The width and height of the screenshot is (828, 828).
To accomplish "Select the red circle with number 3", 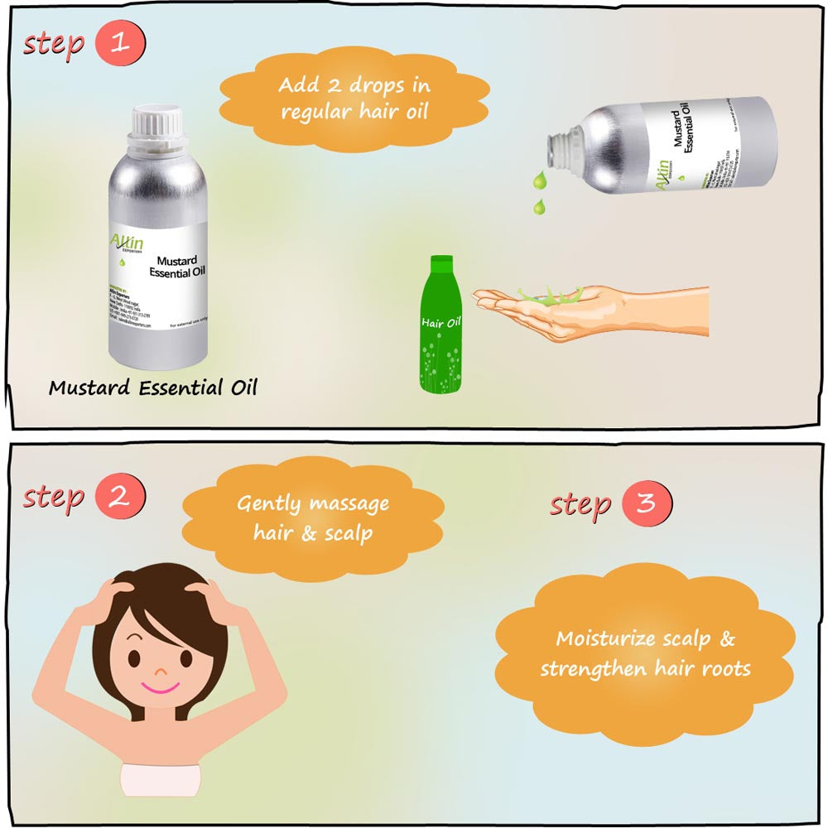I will point(648,503).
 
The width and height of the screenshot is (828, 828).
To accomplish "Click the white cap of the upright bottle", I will point(157,125).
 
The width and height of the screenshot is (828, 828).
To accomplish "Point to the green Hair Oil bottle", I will point(440,331).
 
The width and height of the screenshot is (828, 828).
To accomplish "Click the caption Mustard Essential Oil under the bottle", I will point(153,388).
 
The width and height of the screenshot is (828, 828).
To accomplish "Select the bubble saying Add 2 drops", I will point(354,98).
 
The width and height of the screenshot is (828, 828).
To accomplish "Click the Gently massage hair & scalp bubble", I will point(313,517).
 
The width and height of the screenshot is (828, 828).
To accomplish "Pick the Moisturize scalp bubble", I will point(645,654).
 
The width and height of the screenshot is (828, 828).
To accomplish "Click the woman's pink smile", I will point(156,688).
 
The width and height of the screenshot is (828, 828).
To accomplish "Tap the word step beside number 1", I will point(54,43).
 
